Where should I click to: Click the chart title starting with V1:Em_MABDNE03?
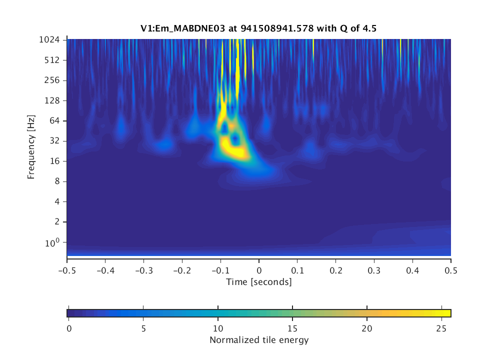click(x=258, y=28)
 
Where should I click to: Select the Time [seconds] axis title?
click(x=258, y=282)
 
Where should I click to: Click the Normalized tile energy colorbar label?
click(x=258, y=340)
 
